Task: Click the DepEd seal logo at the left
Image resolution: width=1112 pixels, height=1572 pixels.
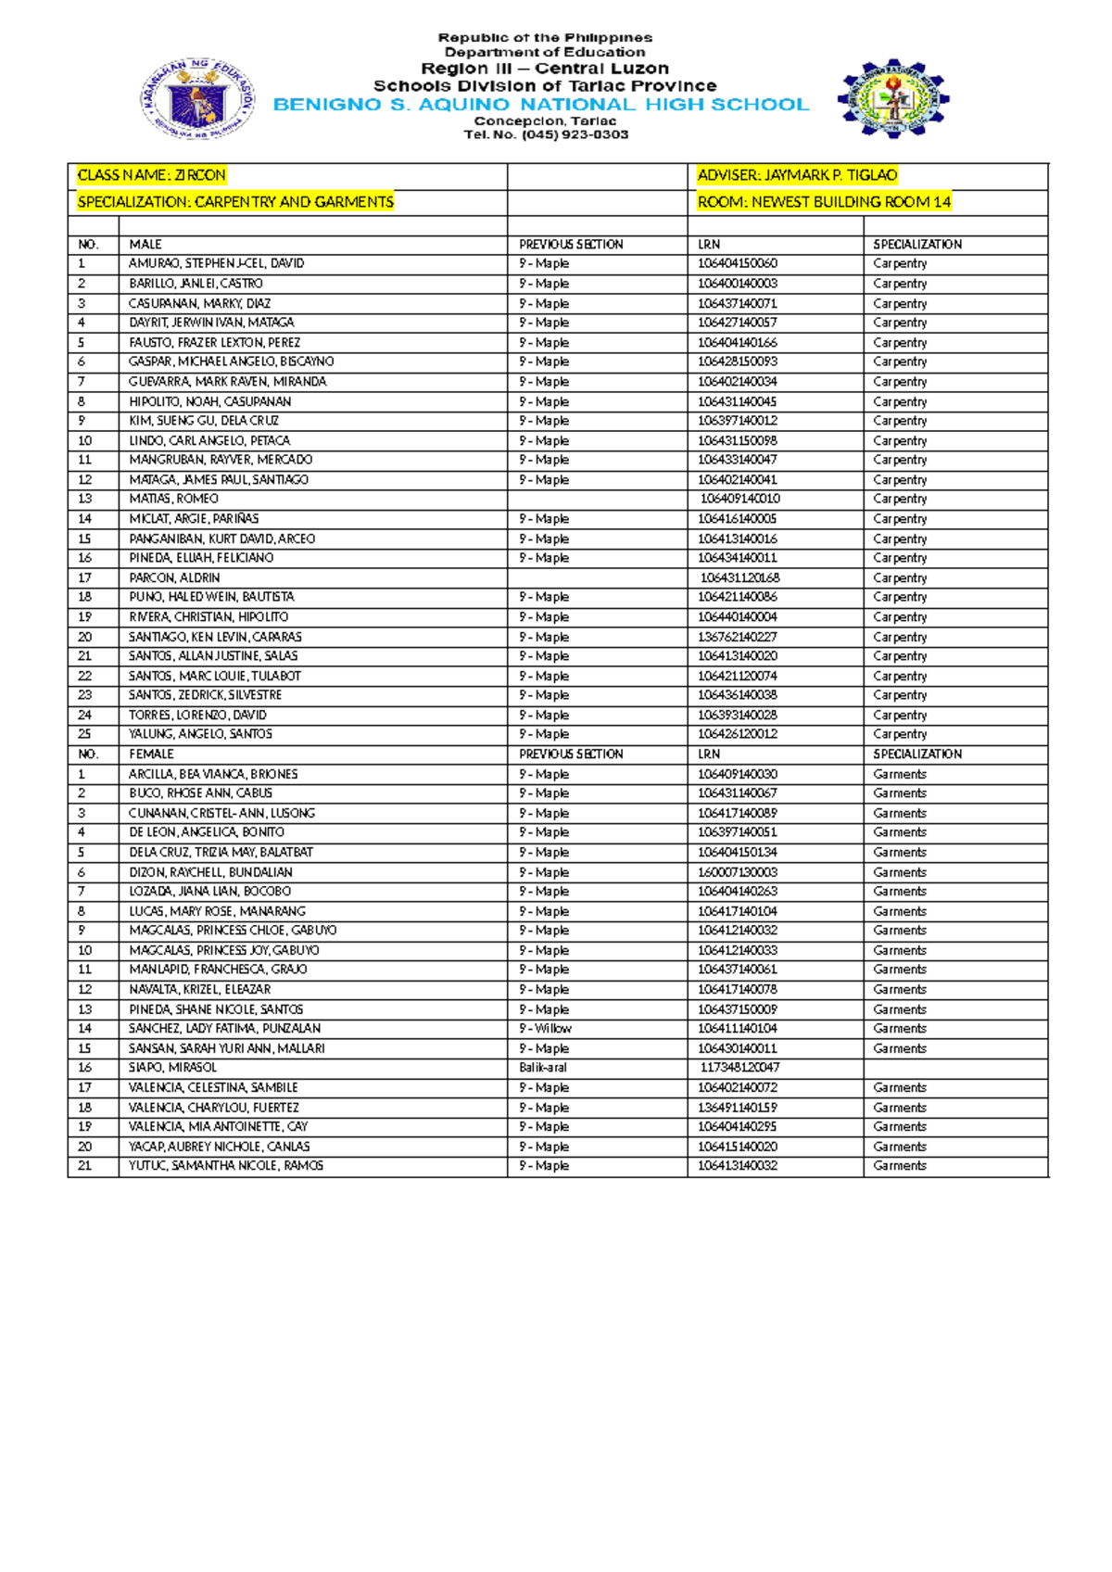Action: coord(196,99)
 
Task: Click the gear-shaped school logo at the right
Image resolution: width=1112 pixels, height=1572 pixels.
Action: coord(892,98)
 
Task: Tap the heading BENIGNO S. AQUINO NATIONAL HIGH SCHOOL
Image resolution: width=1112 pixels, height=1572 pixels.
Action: coord(541,105)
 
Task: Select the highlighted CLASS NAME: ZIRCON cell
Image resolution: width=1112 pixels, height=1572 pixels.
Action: coord(152,175)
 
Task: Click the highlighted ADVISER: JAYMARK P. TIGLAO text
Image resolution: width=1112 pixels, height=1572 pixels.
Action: coord(797,175)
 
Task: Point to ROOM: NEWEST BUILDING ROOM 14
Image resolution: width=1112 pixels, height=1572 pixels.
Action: coord(824,202)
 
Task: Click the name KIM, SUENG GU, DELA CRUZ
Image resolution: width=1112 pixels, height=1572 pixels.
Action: coord(204,421)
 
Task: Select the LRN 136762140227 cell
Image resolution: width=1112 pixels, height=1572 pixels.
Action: coord(738,637)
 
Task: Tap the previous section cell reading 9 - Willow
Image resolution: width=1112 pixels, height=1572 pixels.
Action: coord(545,1029)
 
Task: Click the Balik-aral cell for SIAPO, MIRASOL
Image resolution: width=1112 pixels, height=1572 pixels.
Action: coord(542,1068)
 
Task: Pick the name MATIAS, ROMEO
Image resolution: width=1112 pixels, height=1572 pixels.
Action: coord(173,499)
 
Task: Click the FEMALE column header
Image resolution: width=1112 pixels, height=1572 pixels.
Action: coord(151,754)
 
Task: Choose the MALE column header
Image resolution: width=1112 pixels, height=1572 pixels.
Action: coord(145,245)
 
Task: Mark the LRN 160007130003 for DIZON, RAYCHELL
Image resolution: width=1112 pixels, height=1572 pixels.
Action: coord(738,872)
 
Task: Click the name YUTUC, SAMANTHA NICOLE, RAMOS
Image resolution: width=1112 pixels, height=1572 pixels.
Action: coord(226,1166)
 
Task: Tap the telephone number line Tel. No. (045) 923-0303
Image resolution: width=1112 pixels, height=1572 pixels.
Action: coord(546,135)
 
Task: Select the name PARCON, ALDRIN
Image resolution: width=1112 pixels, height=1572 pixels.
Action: coord(174,577)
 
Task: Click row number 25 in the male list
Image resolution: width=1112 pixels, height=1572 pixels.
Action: coord(85,734)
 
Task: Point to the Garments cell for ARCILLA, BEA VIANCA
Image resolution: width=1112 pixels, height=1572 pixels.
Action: coord(899,774)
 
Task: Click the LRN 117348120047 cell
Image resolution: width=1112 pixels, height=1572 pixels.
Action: coord(739,1068)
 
